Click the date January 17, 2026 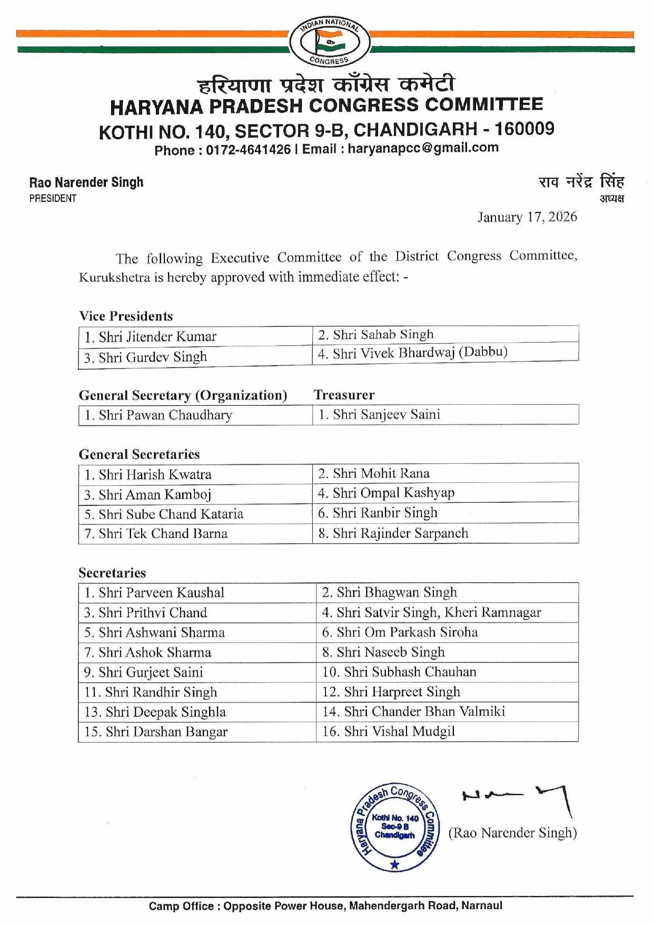click(x=527, y=217)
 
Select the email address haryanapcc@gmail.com click(x=423, y=148)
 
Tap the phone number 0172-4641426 click(x=248, y=150)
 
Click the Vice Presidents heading click(x=126, y=316)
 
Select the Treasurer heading click(x=344, y=395)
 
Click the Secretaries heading click(x=112, y=573)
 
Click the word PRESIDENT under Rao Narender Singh click(x=53, y=199)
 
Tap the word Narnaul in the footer click(x=482, y=906)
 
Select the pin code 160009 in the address click(x=524, y=129)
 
